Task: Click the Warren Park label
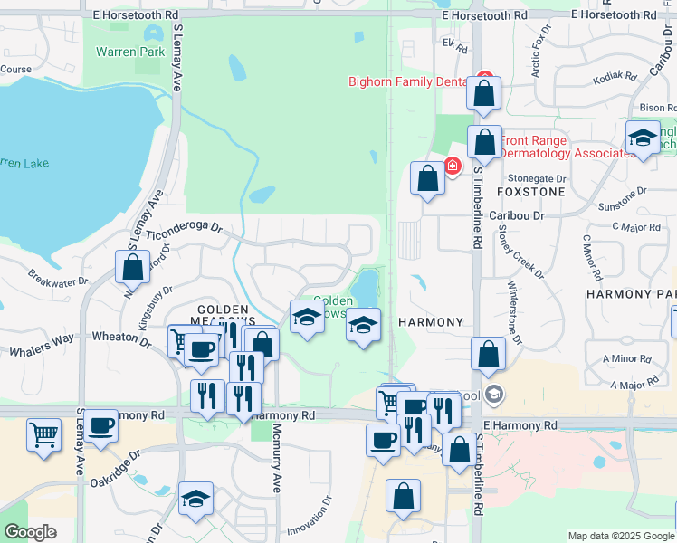pos(130,52)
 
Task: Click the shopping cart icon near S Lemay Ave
pos(43,435)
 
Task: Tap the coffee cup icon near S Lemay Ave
pos(101,425)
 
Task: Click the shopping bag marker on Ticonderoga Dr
pos(133,267)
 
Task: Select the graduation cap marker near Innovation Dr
pos(195,499)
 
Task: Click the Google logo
pos(30,531)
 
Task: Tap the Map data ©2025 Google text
pos(621,536)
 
